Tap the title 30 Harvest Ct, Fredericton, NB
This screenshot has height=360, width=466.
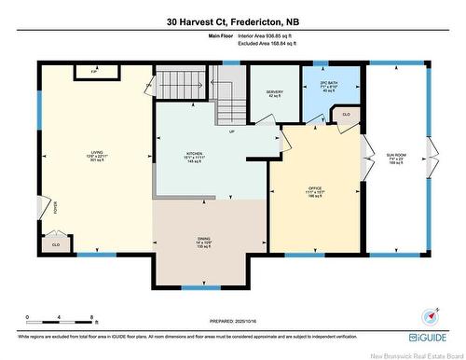point(232,21)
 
